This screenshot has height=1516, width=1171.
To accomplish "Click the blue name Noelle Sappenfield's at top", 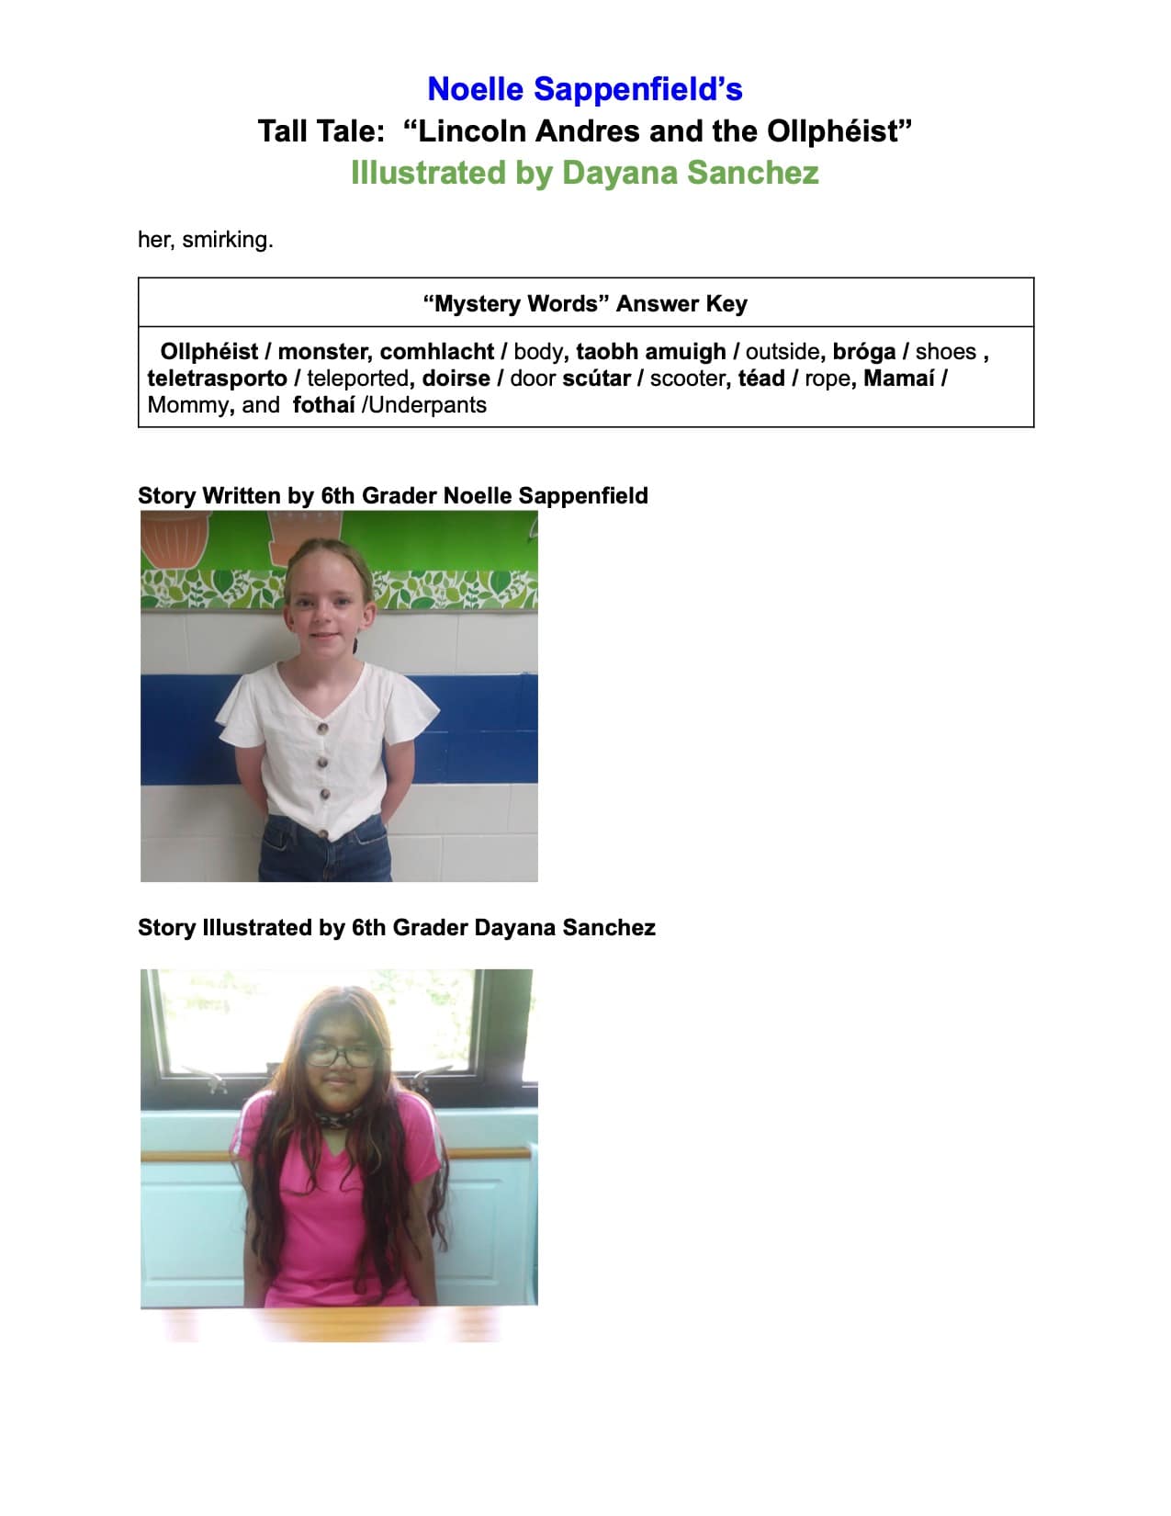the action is tap(585, 89).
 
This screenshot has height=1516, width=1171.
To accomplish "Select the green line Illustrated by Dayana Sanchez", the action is tap(585, 173).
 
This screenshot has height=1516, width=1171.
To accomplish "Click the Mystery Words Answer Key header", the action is tap(585, 303).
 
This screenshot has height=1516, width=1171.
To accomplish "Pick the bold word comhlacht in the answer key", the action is tap(436, 352).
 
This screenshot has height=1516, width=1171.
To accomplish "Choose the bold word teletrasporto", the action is tap(217, 379).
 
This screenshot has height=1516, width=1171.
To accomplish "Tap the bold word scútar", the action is tap(596, 379).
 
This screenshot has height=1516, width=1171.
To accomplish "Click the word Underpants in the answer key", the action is tap(428, 405).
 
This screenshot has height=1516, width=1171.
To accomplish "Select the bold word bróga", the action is tap(863, 352).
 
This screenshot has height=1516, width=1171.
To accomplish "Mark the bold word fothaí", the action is tap(323, 405).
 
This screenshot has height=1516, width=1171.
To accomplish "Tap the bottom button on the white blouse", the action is tap(323, 832).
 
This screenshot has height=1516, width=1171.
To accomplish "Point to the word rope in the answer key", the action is tap(826, 379).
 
